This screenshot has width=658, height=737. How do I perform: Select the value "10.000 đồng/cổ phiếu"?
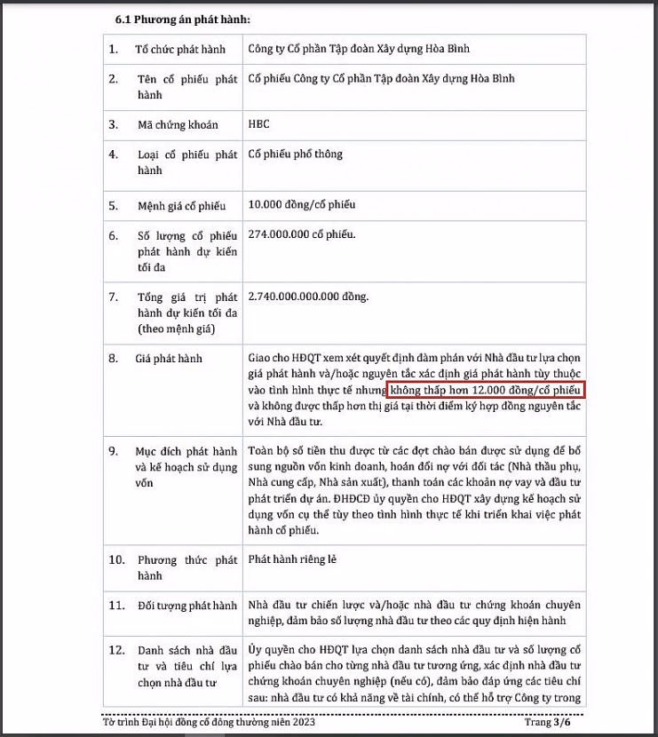pos(302,205)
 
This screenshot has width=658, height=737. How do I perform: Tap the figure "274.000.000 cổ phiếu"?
pos(302,234)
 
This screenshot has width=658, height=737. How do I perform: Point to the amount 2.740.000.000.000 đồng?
pos(309,296)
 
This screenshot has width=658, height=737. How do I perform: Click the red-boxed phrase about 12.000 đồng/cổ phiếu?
pos(486,390)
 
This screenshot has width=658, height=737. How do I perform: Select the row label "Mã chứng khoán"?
pos(176,125)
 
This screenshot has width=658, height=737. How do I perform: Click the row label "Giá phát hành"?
pos(169,359)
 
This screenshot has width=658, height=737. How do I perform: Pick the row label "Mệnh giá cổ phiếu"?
pos(180,206)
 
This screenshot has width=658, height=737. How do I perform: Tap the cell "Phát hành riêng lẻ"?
pos(292,559)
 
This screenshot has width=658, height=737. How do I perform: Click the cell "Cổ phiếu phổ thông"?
pos(295,155)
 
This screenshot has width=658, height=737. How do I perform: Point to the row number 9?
pos(114,451)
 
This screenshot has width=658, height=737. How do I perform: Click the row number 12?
pos(116,651)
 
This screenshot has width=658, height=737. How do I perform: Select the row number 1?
pos(113,49)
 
